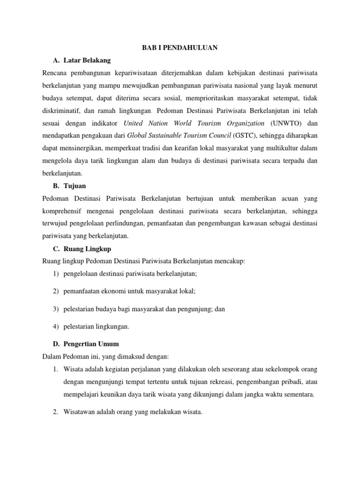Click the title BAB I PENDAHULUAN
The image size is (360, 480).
[180, 48]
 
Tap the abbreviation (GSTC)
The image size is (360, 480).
[250, 135]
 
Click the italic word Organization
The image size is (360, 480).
[238, 123]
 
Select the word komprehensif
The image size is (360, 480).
[63, 210]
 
